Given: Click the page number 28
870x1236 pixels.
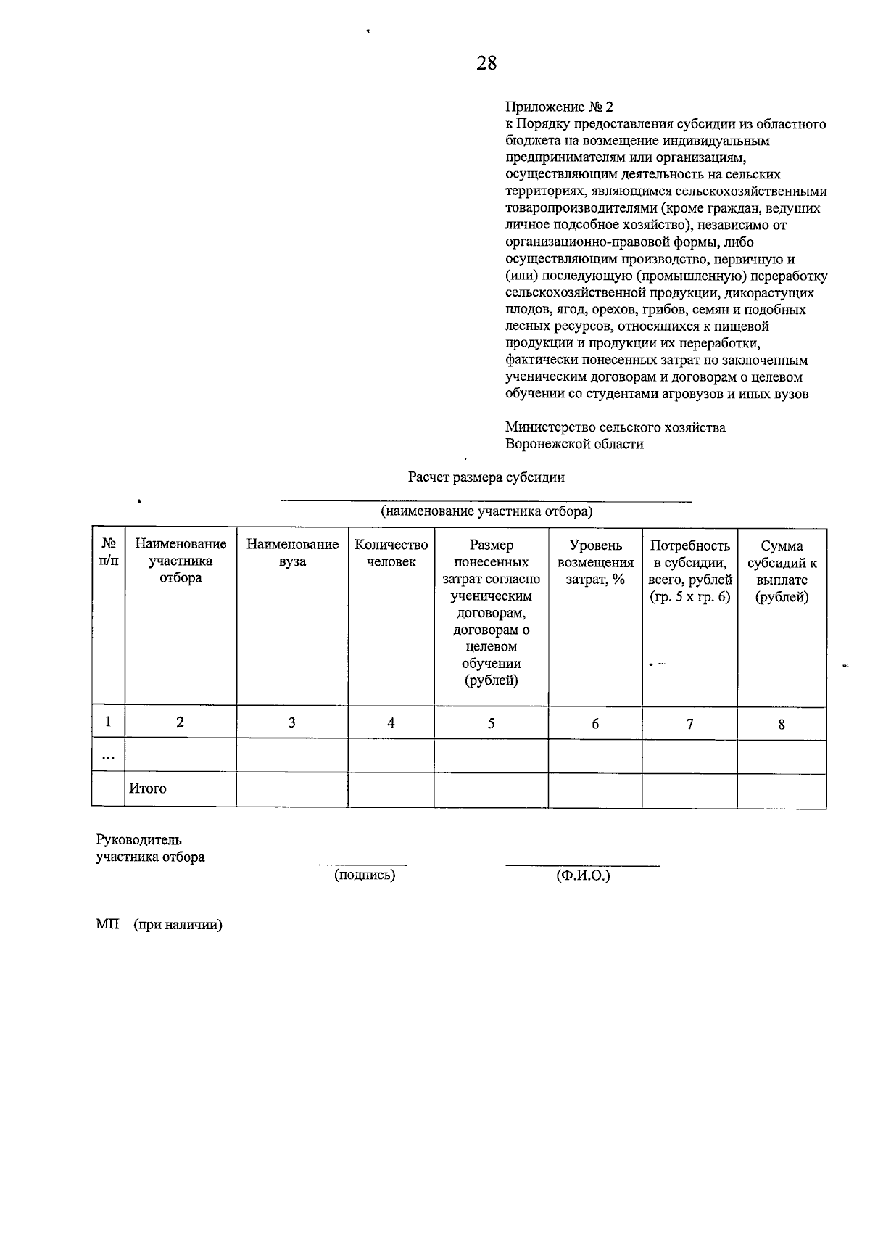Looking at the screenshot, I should tap(486, 63).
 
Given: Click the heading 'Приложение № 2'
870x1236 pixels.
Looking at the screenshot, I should tap(559, 107).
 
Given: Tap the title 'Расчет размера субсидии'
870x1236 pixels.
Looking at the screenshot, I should tap(486, 477).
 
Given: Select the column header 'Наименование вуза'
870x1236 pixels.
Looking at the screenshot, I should tap(292, 553).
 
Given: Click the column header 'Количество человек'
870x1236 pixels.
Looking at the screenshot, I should tap(391, 553).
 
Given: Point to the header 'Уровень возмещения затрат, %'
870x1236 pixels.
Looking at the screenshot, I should tap(595, 562).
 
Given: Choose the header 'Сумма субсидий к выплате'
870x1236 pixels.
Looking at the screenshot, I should tap(782, 572).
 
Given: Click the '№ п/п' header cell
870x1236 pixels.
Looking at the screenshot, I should tap(108, 553).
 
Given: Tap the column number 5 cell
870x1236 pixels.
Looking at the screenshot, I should tap(491, 723).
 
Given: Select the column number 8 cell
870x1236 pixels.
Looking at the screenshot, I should tap(782, 724).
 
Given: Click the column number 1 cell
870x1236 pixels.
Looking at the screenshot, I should tap(108, 722).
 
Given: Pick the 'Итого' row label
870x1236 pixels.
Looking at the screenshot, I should tap(148, 788).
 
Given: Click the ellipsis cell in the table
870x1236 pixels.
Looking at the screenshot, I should tap(108, 756).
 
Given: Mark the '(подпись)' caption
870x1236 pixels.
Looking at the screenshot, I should tap(365, 875).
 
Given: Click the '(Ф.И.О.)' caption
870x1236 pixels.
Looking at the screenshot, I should tap(583, 875).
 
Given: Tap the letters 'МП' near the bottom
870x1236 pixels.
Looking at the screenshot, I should tap(107, 925).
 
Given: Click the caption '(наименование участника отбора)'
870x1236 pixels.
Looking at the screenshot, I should tap(486, 511).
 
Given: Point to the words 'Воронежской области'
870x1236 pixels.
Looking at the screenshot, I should tap(574, 444).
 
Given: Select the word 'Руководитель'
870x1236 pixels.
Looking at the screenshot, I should tap(138, 840).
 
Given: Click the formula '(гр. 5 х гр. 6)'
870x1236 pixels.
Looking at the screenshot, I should tap(689, 598).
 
